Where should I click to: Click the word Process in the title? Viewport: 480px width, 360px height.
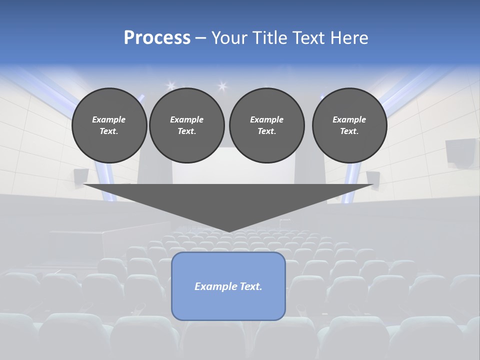click(x=157, y=38)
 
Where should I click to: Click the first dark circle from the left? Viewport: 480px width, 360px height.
click(x=109, y=125)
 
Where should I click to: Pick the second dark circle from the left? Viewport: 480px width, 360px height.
click(x=187, y=125)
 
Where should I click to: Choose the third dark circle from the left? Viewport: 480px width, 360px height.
click(x=266, y=125)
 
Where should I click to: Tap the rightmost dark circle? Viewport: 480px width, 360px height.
click(x=349, y=125)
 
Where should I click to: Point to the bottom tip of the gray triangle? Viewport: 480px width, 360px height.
click(x=228, y=231)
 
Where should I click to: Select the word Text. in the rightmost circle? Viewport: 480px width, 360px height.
click(x=349, y=131)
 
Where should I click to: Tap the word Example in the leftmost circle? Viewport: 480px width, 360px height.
click(x=109, y=119)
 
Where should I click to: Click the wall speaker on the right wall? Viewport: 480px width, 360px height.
click(x=459, y=151)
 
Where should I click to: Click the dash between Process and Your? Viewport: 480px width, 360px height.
click(x=200, y=38)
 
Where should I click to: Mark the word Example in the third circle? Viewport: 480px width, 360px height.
click(x=266, y=119)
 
